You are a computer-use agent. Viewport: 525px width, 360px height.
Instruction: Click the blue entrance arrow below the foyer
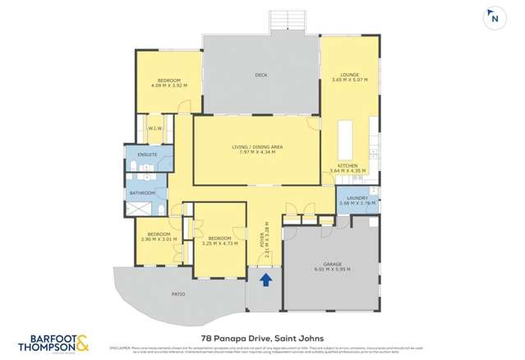[x=265, y=281]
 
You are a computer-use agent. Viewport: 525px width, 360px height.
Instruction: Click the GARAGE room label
[x=333, y=264]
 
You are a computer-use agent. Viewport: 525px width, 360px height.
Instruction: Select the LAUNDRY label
[x=357, y=197]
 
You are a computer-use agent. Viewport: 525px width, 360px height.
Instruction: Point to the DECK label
[x=260, y=76]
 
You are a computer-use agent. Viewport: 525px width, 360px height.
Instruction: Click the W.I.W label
[x=154, y=129]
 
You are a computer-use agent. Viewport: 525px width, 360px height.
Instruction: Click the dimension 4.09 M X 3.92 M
[x=168, y=85]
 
